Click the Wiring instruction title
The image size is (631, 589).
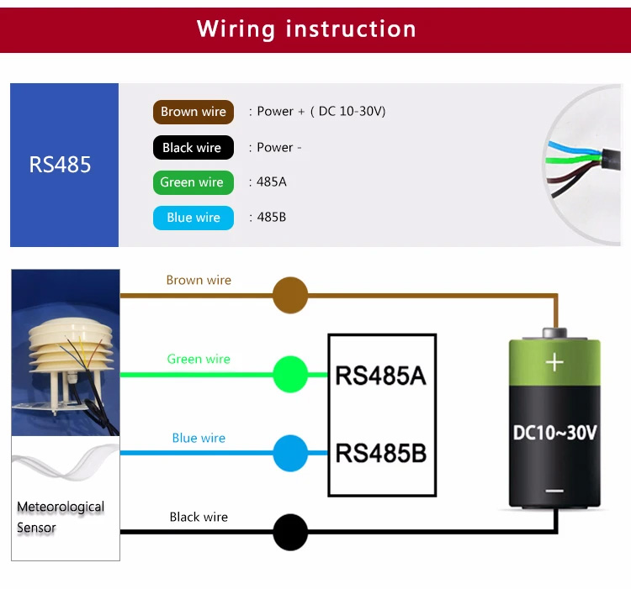[306, 29]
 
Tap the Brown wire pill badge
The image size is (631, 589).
[194, 112]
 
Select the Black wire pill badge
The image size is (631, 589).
[194, 147]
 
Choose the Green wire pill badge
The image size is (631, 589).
[194, 182]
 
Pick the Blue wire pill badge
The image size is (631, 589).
[194, 218]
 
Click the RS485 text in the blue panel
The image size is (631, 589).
[60, 165]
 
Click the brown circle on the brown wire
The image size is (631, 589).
[290, 295]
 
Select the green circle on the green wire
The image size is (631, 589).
[290, 374]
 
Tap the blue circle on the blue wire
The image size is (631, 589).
[290, 453]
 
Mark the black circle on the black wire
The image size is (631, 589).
[290, 532]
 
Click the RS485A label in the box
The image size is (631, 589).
[380, 376]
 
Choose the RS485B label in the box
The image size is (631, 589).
[380, 453]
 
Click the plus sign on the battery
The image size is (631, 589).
[554, 362]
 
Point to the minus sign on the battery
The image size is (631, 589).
[554, 491]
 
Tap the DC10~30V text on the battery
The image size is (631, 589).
[555, 433]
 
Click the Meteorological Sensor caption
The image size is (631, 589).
[61, 517]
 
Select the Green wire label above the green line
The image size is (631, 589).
[199, 359]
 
